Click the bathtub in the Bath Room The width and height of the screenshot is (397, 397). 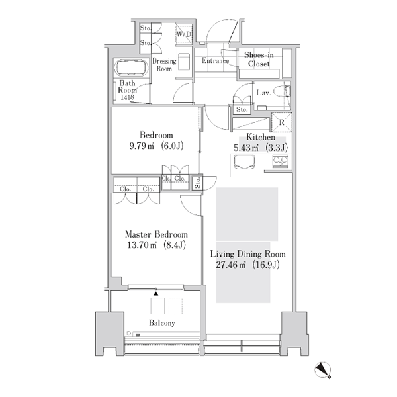(131, 67)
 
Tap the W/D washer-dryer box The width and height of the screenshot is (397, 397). (184, 34)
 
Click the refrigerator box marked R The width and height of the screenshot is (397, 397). (282, 122)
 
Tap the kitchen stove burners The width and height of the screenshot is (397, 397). (280, 161)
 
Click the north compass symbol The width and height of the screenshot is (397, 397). (323, 370)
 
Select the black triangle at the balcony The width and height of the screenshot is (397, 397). (156, 294)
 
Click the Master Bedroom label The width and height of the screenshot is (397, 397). (156, 234)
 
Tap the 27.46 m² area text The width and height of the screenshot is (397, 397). (231, 265)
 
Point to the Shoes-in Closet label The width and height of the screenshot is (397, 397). (259, 59)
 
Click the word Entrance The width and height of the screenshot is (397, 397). (215, 60)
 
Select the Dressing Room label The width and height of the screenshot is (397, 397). (164, 65)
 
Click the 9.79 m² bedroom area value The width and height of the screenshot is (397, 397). (142, 146)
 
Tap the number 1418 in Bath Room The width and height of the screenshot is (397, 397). (127, 97)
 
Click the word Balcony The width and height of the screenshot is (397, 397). (162, 323)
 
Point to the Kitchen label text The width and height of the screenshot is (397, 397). (261, 137)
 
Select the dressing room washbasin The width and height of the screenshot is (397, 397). (184, 62)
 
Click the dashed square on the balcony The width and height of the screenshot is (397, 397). (176, 306)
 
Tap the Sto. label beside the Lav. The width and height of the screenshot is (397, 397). (242, 110)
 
